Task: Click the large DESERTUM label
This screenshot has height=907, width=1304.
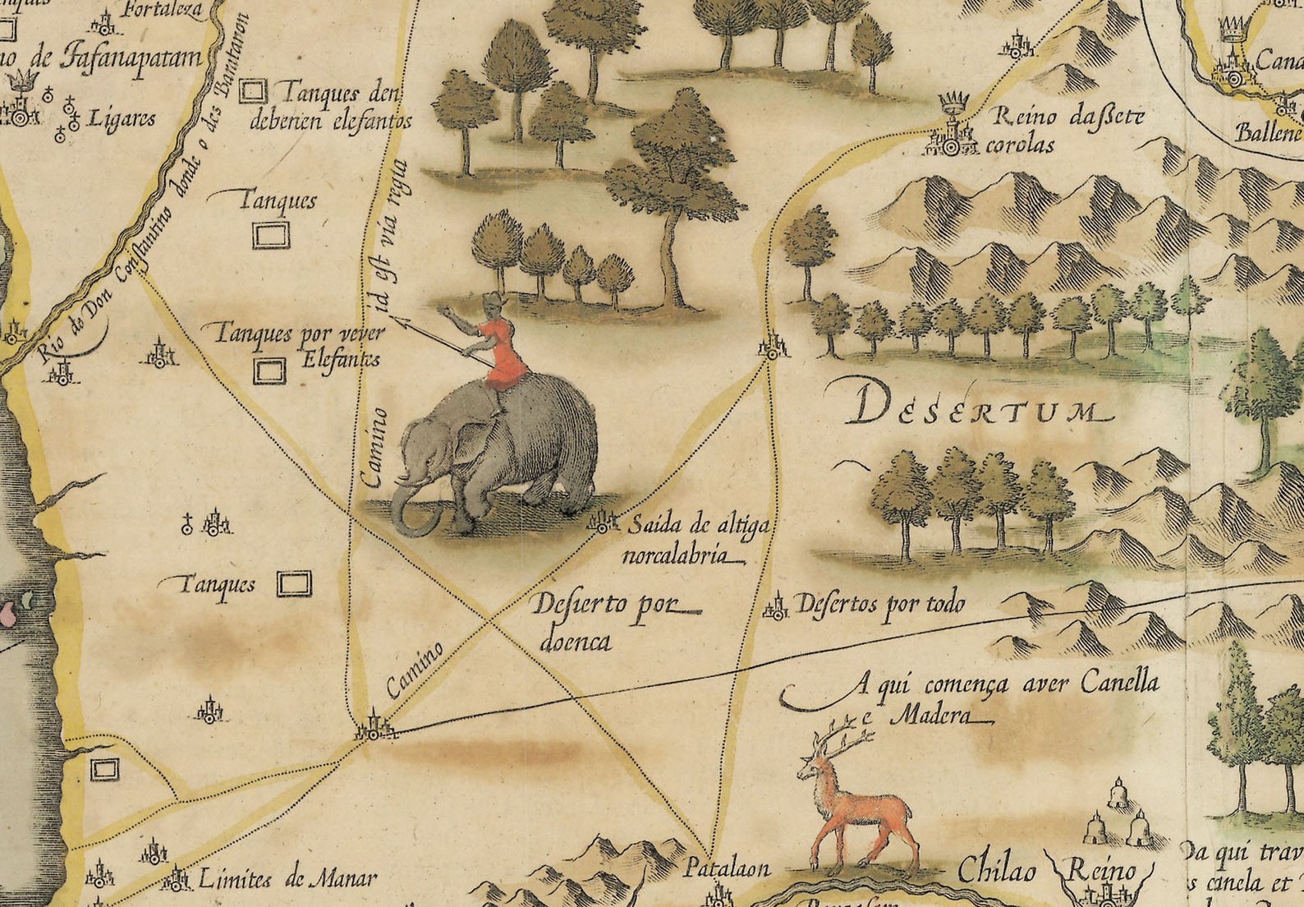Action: [973, 407]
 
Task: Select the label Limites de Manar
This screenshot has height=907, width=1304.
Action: [287, 879]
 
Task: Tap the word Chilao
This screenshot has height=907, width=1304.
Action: [996, 869]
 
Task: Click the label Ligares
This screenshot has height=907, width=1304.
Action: [121, 118]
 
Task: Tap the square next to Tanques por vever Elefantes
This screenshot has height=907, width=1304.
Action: [269, 371]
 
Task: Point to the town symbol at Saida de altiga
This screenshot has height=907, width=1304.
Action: [604, 521]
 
